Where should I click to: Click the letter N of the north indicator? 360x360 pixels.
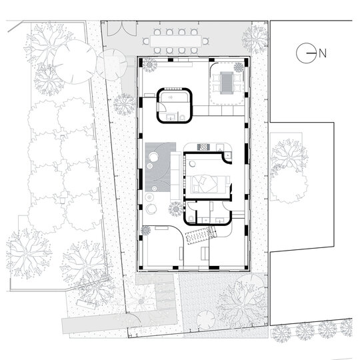[323, 53]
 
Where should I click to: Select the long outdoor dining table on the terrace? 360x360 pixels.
[176, 41]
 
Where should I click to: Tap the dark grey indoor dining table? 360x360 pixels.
[227, 83]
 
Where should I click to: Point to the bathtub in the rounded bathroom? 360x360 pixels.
[174, 97]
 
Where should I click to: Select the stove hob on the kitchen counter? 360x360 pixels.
[203, 147]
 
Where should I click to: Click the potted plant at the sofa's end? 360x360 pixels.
[176, 209]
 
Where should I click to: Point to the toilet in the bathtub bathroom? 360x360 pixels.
[182, 117]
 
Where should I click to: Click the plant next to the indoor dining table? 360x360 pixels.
[239, 67]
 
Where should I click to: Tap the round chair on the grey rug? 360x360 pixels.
[153, 157]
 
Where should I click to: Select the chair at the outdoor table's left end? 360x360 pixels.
[146, 41]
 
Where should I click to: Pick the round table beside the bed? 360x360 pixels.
[193, 164]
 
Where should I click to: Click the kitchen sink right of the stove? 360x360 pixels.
[220, 147]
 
